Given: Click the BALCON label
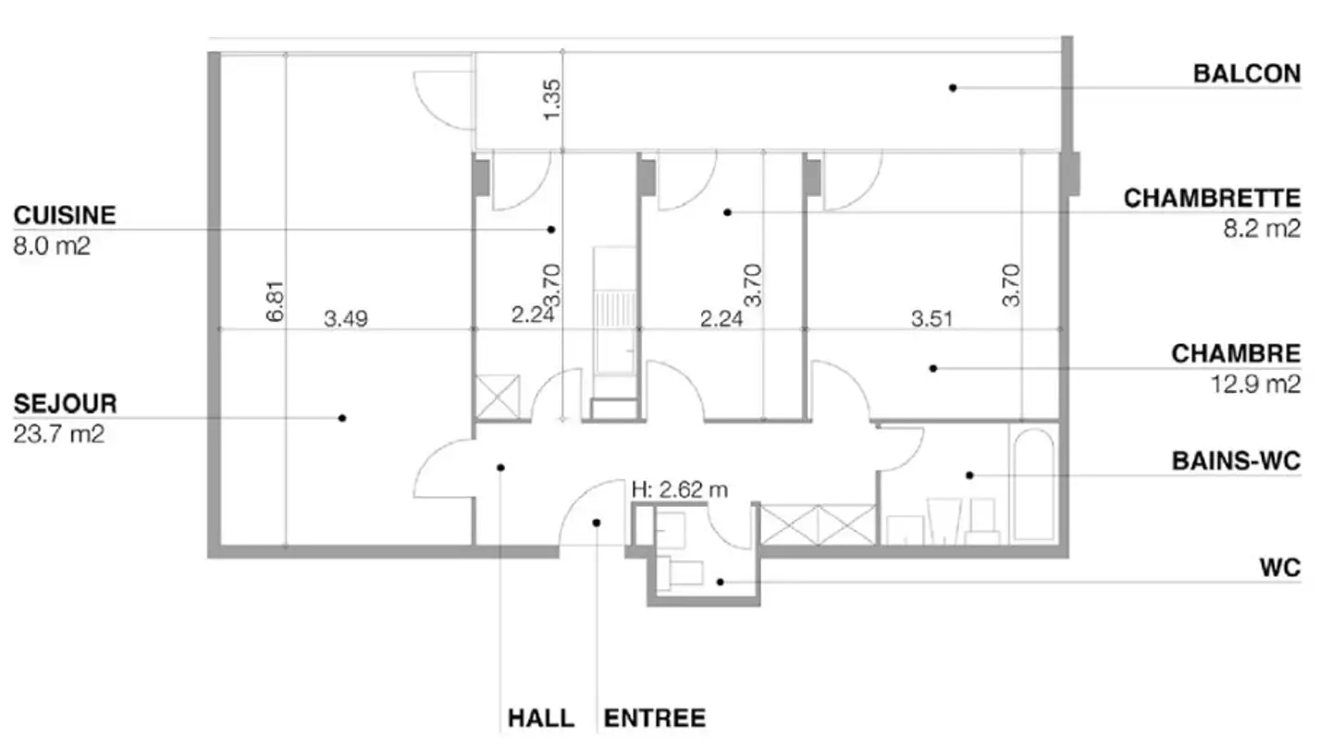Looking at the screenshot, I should [1246, 73].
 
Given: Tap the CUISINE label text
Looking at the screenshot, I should [65, 215].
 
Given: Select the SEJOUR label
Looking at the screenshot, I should [65, 404].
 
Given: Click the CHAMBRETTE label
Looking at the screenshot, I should [1212, 199].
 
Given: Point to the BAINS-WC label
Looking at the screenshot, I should [1236, 461].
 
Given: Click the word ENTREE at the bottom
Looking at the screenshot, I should [655, 718].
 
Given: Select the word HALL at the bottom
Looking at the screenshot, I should [540, 718].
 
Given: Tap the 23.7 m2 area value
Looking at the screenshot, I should [59, 434].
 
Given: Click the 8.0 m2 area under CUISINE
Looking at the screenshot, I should [52, 246].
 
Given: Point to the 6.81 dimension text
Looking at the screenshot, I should [274, 301].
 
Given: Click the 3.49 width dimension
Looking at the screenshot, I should [346, 319].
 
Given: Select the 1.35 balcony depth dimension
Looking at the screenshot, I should [552, 98].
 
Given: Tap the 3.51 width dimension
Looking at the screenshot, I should [931, 319].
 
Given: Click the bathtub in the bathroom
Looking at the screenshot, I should [1032, 484].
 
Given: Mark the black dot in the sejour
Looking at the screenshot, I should [342, 418].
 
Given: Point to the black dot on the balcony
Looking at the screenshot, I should [952, 88].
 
